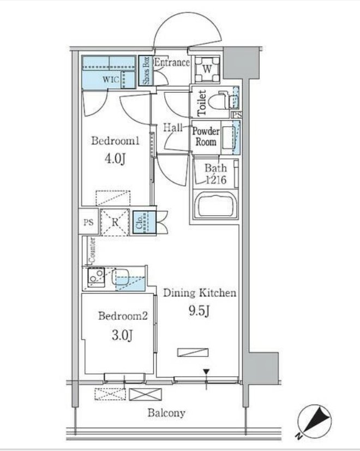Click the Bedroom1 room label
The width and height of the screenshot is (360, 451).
pyautogui.click(x=115, y=141)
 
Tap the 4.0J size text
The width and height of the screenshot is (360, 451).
pyautogui.click(x=115, y=158)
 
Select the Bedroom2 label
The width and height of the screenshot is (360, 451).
pyautogui.click(x=123, y=316)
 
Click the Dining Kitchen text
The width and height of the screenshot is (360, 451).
pyautogui.click(x=200, y=293)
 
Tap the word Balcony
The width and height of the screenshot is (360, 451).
pyautogui.click(x=166, y=413)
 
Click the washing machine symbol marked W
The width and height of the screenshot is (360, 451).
pyautogui.click(x=207, y=69)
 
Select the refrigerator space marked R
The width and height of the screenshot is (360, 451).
pyautogui.click(x=115, y=222)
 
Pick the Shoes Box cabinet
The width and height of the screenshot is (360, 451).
pyautogui.click(x=146, y=70)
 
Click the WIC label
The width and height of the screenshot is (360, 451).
pyautogui.click(x=111, y=79)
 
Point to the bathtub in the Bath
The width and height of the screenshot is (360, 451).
pyautogui.click(x=216, y=205)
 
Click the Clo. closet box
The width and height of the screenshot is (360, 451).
pyautogui.click(x=144, y=222)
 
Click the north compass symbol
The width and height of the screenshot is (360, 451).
pyautogui.click(x=314, y=422)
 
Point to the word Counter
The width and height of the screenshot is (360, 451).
pyautogui.click(x=93, y=250)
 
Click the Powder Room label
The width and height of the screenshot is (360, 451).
pyautogui.click(x=206, y=137)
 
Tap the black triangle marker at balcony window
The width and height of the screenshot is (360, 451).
pyautogui.click(x=206, y=372)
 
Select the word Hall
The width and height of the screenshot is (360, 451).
pyautogui.click(x=173, y=127)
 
